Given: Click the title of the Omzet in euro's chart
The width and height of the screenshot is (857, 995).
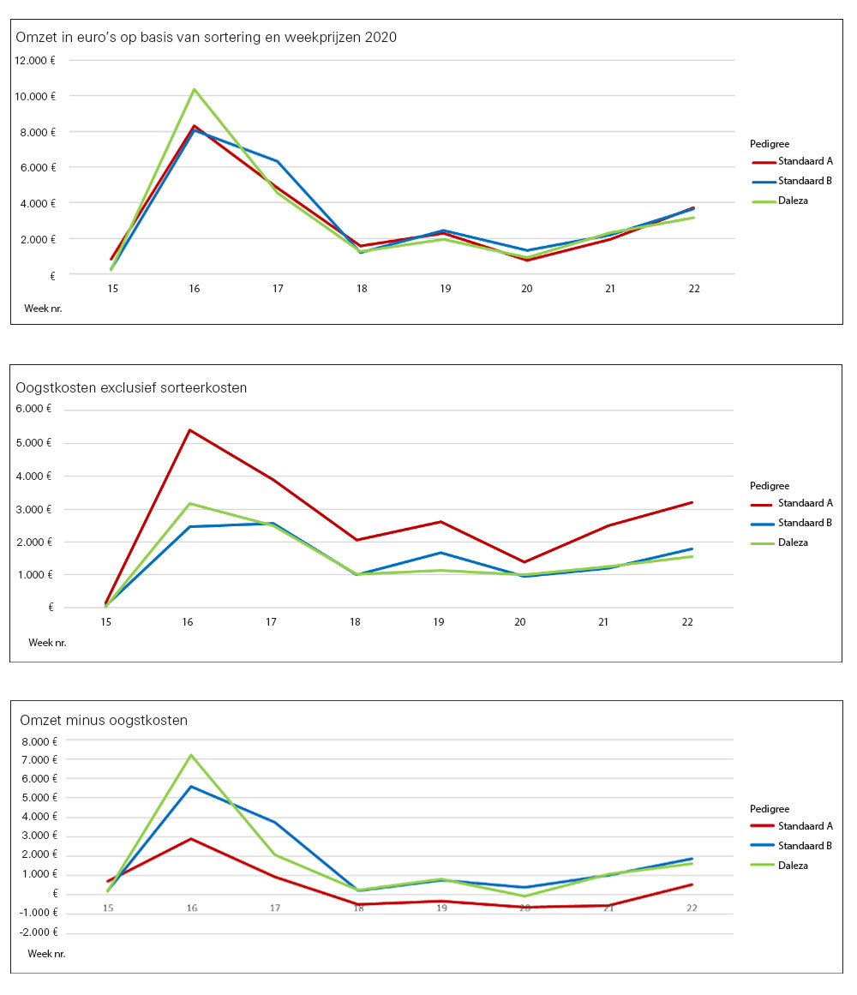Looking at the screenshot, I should [206, 38].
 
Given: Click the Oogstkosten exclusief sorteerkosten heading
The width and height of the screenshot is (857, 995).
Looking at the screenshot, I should [131, 387].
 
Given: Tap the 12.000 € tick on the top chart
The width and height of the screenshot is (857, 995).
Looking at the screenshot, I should [35, 60].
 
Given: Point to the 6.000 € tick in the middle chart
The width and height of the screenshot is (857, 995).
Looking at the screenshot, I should [34, 409].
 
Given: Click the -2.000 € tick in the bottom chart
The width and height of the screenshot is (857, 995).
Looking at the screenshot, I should [38, 932].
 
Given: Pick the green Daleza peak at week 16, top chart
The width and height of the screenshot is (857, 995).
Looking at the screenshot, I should [195, 89].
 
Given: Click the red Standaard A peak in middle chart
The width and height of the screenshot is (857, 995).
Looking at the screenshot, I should [189, 430].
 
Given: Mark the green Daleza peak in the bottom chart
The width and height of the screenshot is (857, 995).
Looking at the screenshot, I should [191, 755].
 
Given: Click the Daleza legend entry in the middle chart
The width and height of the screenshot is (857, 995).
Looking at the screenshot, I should [793, 542].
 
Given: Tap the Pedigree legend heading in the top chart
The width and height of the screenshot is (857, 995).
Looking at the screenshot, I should [769, 144].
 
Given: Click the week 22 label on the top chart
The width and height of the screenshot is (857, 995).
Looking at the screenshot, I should [693, 289].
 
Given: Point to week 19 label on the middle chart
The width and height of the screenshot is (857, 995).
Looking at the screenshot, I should [439, 621].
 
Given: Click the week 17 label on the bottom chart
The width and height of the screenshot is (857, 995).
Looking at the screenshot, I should [275, 908].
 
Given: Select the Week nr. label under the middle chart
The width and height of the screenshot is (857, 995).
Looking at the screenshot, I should [47, 642].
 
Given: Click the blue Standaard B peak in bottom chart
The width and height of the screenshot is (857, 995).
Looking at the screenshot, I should [191, 787].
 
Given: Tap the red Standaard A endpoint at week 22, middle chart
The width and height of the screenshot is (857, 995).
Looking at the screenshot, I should [692, 502].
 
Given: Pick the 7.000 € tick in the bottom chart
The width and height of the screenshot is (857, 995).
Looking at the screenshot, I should [38, 760].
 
